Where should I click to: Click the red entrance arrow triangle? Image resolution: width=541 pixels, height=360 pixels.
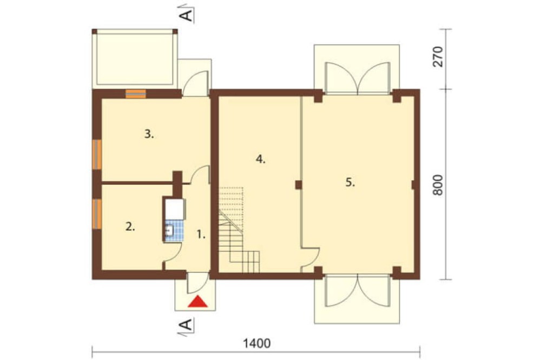(197, 302)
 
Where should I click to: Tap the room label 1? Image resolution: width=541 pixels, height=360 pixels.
(201, 235)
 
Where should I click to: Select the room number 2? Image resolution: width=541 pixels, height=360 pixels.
(130, 227)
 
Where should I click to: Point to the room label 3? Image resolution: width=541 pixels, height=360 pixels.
(149, 134)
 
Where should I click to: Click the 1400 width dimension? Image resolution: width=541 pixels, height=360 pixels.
(257, 343)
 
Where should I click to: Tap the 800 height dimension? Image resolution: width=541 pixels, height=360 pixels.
(438, 185)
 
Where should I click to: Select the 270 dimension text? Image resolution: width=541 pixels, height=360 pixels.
(438, 56)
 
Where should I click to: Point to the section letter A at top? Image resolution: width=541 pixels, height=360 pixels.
(187, 15)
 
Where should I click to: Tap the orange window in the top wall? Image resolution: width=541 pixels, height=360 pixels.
(136, 94)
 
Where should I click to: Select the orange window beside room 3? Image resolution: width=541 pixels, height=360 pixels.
(97, 155)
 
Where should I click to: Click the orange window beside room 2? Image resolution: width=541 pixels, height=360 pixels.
(97, 214)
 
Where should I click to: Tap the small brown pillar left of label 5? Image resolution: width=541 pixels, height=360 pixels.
(299, 185)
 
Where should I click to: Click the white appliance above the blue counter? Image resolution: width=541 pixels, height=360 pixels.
(175, 209)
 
